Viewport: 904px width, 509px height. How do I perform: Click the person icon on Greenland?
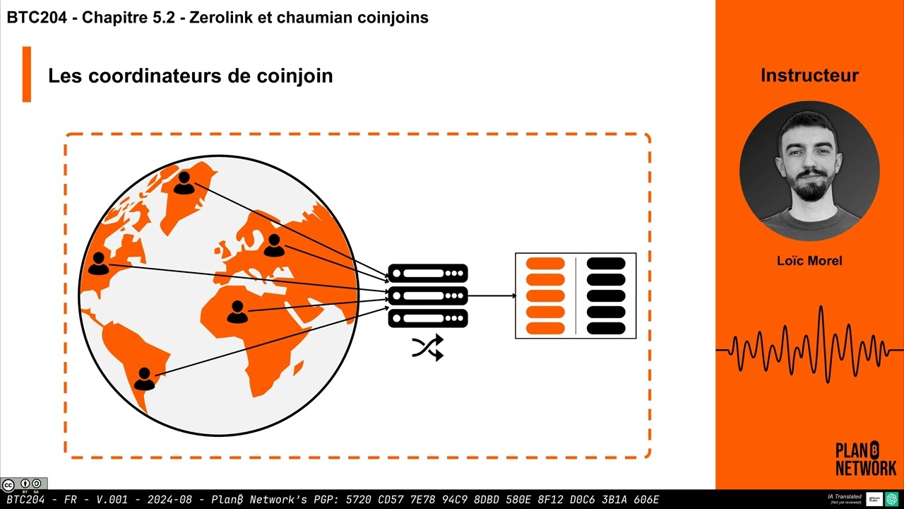click(x=184, y=183)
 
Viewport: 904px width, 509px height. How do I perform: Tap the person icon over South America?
click(x=144, y=378)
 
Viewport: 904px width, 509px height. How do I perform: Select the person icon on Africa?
click(x=237, y=312)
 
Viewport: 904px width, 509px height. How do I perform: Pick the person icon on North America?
click(x=99, y=263)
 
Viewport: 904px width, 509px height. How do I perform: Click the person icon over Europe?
click(x=274, y=245)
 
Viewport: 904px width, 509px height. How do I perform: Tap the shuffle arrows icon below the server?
click(x=427, y=347)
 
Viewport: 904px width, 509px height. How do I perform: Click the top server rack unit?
click(x=428, y=273)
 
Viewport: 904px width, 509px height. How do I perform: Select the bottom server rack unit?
click(x=428, y=318)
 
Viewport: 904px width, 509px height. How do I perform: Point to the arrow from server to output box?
click(x=492, y=296)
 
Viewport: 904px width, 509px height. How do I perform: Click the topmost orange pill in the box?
click(x=545, y=264)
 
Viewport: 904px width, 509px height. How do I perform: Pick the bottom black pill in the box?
click(x=606, y=328)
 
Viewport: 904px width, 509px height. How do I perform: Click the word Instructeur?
click(x=809, y=76)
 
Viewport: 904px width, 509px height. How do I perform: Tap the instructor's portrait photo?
click(x=809, y=171)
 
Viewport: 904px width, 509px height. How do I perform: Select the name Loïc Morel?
click(x=809, y=261)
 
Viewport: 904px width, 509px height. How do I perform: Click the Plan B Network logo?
click(x=866, y=459)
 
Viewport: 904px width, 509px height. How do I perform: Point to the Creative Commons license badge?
click(x=24, y=484)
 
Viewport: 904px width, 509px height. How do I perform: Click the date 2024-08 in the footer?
click(x=169, y=499)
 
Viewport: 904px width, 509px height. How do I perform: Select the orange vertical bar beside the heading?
click(x=27, y=74)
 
